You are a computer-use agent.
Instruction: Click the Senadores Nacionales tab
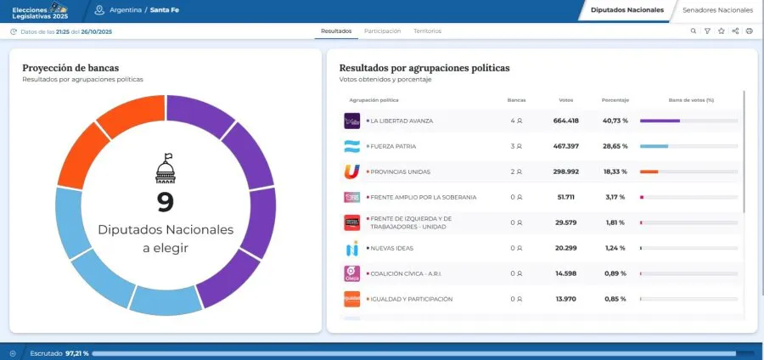coord(717,9)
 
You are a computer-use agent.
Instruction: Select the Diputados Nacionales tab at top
coord(626,9)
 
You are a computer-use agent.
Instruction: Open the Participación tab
coord(382,31)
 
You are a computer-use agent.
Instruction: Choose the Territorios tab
coord(427,31)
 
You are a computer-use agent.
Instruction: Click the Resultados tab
coord(336,31)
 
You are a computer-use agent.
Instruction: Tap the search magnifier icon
coord(693,31)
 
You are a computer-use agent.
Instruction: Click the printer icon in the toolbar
coord(749,31)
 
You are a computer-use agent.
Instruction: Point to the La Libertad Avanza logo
coord(351,121)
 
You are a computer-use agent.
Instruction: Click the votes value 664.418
coord(565,121)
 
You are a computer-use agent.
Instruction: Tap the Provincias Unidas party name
coord(400,172)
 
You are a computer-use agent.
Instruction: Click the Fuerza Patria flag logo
coord(351,146)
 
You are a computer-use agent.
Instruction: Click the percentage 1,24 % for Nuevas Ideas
coord(615,248)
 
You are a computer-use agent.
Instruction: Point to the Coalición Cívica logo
coord(351,273)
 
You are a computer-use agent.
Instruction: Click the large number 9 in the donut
coord(165,202)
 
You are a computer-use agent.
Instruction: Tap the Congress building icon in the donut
coord(166,169)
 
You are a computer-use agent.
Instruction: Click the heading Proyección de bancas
coord(70,67)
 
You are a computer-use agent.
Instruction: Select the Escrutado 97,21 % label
coord(59,352)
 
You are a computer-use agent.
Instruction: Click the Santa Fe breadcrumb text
coord(165,9)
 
